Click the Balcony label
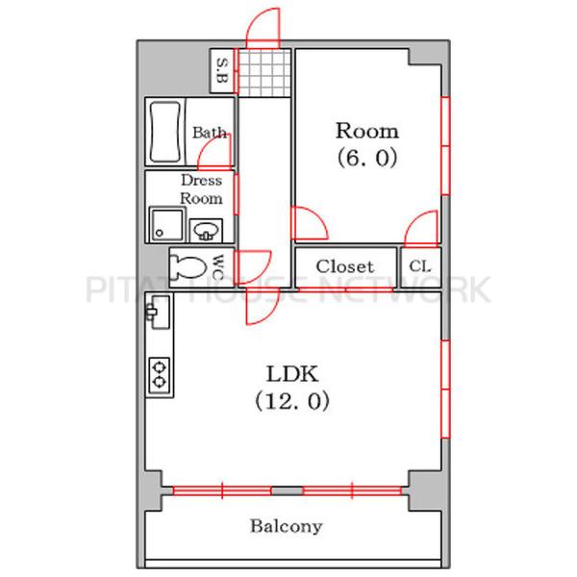[x=287, y=526]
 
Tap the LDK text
[x=291, y=374]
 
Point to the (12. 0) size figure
[x=292, y=401]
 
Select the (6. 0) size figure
[x=367, y=158]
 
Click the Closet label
[x=345, y=266]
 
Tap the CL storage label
[x=420, y=266]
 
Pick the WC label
[x=218, y=267]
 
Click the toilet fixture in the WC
[x=189, y=266]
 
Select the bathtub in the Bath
[x=165, y=133]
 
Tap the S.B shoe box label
[x=222, y=70]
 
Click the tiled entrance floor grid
[x=264, y=73]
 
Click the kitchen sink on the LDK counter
[x=159, y=312]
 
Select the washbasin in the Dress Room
[x=206, y=231]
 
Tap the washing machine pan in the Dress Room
[x=166, y=224]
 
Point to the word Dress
[x=202, y=180]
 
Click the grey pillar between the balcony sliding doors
[x=288, y=490]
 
